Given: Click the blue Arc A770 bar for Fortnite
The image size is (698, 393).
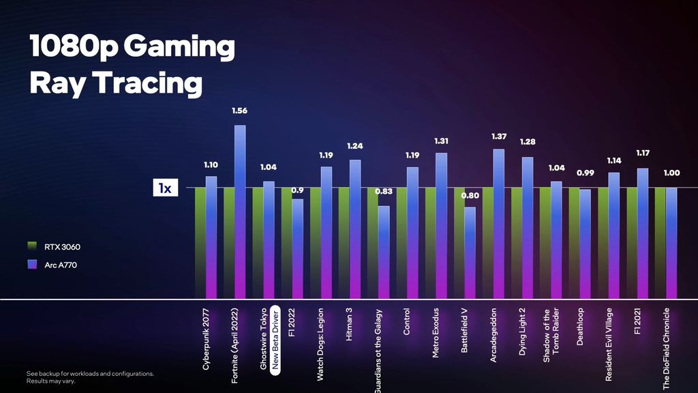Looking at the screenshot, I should point(240,212).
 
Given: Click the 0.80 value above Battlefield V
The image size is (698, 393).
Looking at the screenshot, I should point(470,196).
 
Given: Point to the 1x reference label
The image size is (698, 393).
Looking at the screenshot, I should point(164,188).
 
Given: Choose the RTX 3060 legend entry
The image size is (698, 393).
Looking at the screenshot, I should point(62,246).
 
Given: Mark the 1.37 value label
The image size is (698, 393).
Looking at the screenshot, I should point(499,136).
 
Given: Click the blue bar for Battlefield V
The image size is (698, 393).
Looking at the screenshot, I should point(470,252).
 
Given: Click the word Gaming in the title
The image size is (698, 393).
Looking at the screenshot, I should point(179,48).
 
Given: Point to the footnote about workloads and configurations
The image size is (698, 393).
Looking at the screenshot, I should point(90,377).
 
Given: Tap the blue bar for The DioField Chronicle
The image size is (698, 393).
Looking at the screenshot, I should point(671,243).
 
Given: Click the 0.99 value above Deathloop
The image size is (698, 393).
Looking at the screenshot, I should point(585,173).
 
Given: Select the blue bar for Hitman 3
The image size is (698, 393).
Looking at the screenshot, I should point(354,229).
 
